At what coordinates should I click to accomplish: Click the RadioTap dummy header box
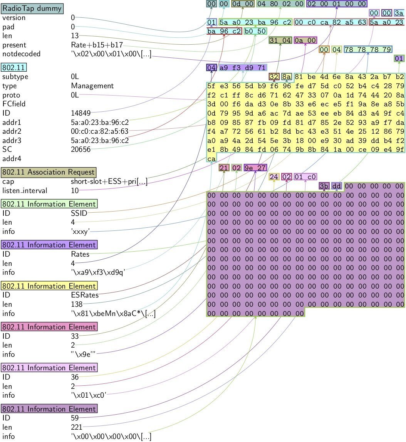click(32, 8)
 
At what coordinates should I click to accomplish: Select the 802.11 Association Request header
click(49, 172)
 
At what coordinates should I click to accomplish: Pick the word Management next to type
click(92, 86)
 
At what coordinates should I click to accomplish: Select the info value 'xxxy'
click(80, 232)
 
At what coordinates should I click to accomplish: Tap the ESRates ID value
click(85, 295)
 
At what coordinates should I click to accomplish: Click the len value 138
click(77, 304)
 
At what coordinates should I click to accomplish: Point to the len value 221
click(77, 427)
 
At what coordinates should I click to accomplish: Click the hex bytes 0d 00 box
click(243, 4)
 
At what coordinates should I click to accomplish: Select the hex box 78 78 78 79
click(368, 50)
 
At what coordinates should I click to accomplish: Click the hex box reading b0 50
click(255, 31)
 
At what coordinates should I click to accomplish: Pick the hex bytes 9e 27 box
click(255, 168)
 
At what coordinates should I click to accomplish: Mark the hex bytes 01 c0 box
click(305, 177)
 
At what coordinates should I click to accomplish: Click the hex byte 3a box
click(399, 13)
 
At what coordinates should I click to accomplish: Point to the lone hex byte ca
click(211, 159)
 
